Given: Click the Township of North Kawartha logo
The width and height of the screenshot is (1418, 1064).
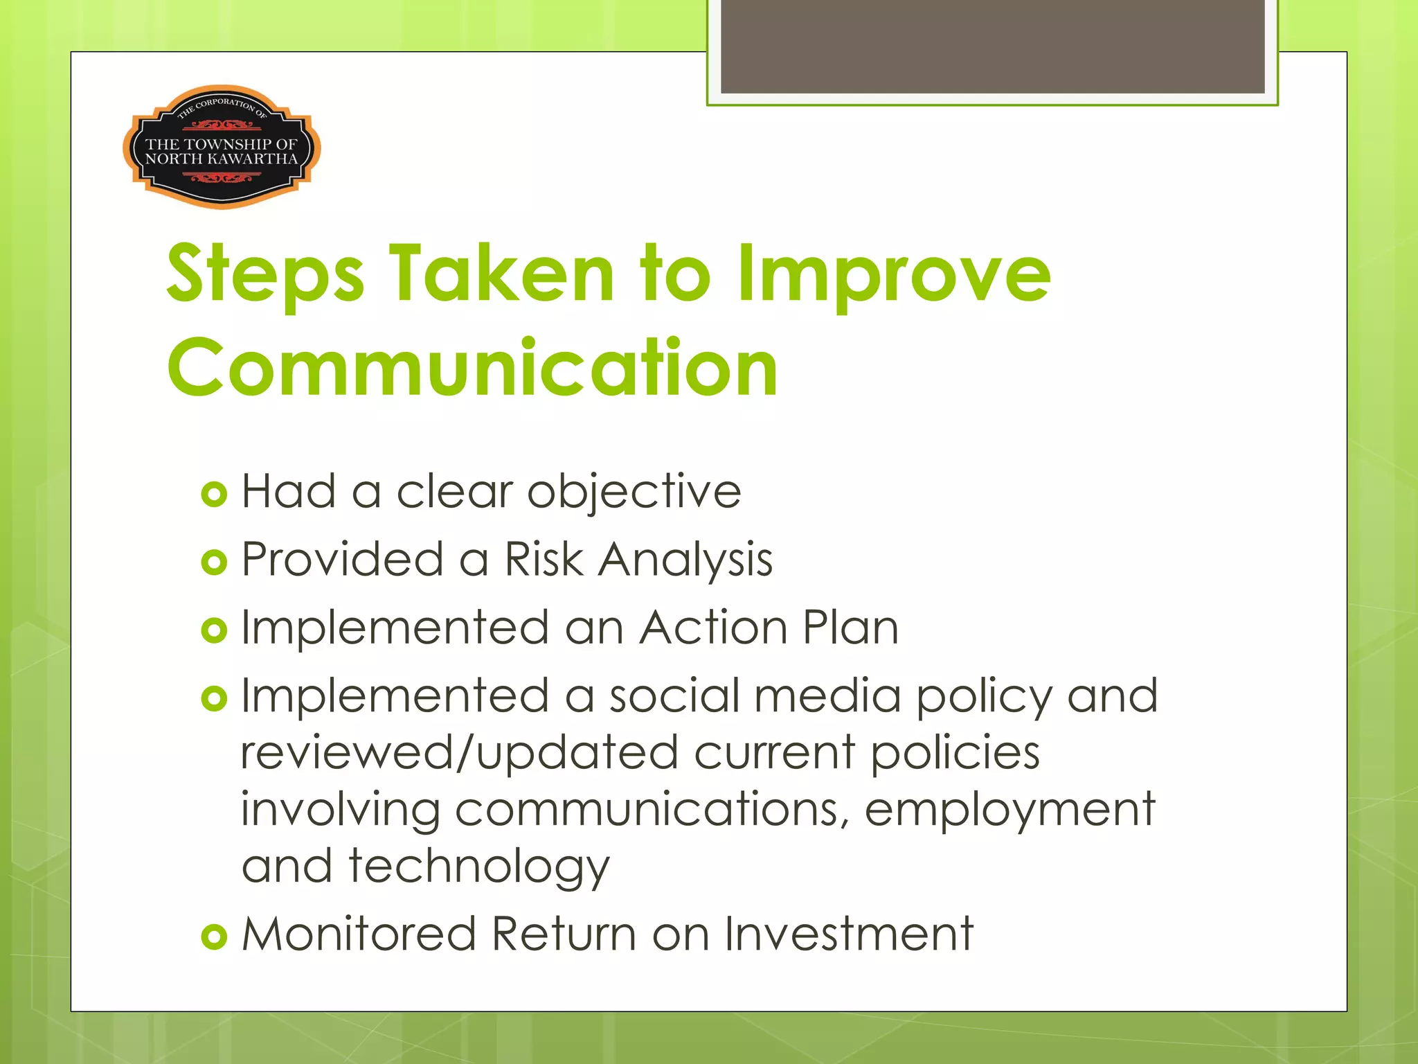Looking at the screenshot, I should [222, 148].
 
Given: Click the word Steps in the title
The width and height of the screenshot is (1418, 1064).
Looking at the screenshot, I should [265, 275].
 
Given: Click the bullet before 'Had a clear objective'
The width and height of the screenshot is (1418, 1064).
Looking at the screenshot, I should [214, 495].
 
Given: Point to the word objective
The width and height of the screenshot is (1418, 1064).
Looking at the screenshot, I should [634, 492].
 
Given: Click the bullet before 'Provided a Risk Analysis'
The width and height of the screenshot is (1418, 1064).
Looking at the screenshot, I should [214, 562].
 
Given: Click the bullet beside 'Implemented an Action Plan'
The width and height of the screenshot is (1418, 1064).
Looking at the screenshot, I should [214, 630].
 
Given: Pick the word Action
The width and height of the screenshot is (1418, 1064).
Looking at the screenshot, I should [712, 628].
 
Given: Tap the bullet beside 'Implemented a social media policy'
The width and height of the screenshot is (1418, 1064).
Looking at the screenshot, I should [214, 698].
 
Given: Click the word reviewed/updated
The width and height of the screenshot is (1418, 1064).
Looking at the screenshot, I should [459, 753].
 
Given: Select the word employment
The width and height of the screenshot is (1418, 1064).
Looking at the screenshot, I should [1009, 810].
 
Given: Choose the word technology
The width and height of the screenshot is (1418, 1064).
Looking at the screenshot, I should [478, 867].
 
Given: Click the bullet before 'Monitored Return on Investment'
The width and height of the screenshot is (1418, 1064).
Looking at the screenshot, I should [214, 937].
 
